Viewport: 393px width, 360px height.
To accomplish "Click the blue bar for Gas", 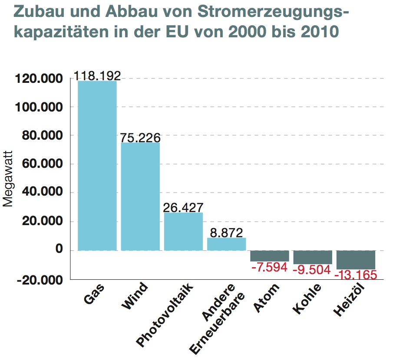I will pyautogui.click(x=97, y=165).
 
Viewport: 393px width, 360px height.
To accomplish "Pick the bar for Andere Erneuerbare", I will pyautogui.click(x=226, y=244).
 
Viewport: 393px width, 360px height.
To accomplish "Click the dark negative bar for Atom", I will pyautogui.click(x=269, y=256).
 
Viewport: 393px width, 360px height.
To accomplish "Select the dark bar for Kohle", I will pyautogui.click(x=313, y=257).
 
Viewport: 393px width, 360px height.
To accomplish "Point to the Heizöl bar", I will pyautogui.click(x=356, y=260).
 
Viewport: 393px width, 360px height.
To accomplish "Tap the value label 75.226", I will pyautogui.click(x=140, y=137).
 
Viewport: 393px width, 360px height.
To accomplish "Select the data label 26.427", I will pyautogui.click(x=183, y=207).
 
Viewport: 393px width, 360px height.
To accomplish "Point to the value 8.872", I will pyautogui.click(x=226, y=232).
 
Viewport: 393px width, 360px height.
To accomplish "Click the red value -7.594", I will pyautogui.click(x=269, y=267).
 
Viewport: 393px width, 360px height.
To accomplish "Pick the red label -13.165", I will pyautogui.click(x=356, y=275).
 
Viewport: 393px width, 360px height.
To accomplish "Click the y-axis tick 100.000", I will pyautogui.click(x=40, y=107).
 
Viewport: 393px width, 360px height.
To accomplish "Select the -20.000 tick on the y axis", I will pyautogui.click(x=40, y=280).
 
